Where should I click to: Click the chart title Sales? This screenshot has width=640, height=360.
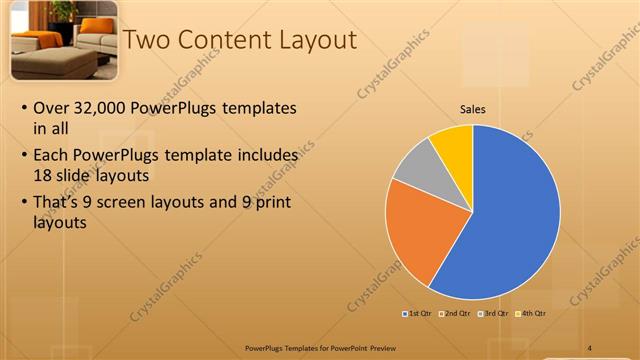(x=473, y=110)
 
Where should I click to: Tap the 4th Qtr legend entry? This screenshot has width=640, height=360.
(x=531, y=314)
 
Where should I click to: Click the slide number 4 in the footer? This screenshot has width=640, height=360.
(x=589, y=348)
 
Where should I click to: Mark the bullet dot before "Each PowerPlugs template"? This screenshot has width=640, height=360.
(x=24, y=156)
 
